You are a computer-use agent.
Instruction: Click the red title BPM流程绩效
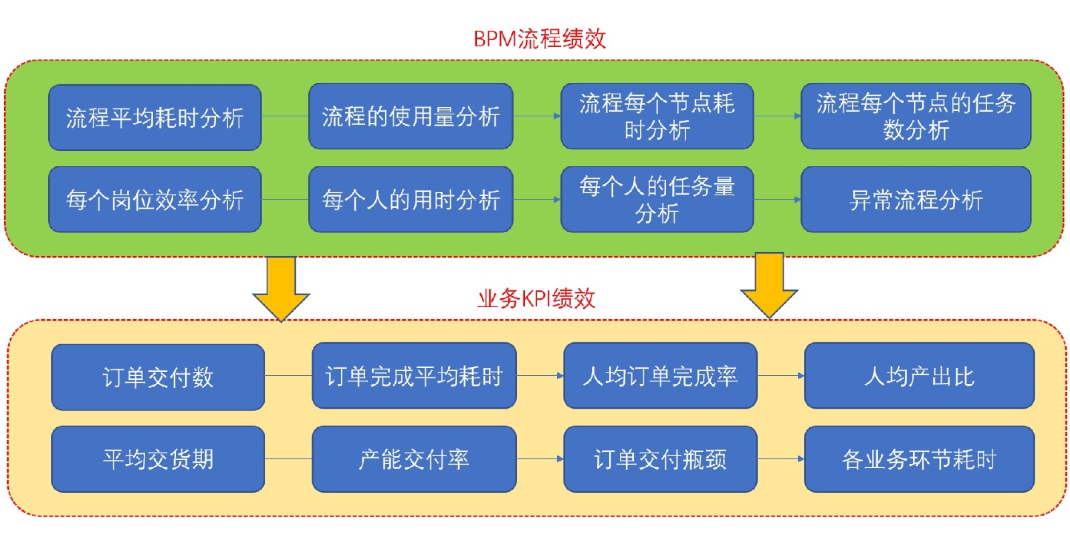pos(539,39)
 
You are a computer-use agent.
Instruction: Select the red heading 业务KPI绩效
pos(536,298)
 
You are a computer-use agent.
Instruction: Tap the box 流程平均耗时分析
pos(154,118)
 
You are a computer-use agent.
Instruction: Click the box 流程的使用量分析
pos(411,116)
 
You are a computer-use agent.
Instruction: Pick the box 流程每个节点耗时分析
pos(657,116)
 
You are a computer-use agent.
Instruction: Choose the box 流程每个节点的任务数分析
pos(916,116)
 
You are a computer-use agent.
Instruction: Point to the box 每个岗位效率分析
pos(154,199)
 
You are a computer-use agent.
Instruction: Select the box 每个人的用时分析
pos(411,199)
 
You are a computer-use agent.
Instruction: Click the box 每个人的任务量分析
pos(657,199)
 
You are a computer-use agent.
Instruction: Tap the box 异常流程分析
pos(916,199)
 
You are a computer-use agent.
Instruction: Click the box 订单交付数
pos(158,377)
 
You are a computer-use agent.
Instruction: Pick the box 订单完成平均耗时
pos(414,376)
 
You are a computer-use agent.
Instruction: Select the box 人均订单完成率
pos(660,376)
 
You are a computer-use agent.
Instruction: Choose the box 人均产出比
pos(919,376)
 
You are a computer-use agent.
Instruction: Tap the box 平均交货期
pos(158,459)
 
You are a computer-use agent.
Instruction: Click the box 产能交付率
pos(414,459)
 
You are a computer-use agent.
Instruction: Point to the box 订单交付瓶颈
pos(660,459)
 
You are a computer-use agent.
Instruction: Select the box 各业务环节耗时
pos(919,459)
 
